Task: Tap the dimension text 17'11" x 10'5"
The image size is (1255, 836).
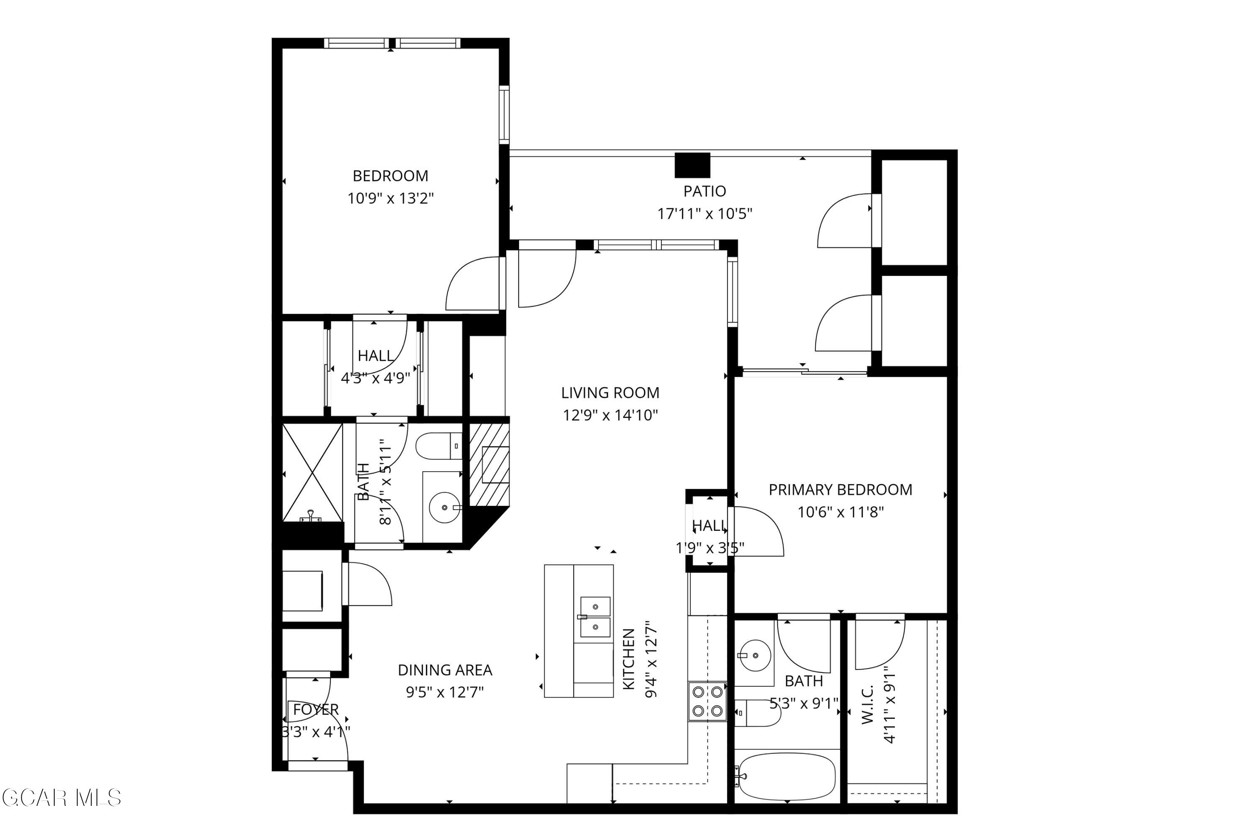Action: [x=704, y=214]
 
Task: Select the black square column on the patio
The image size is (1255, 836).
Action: [x=692, y=165]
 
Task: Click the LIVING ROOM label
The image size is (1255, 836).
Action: [x=610, y=393]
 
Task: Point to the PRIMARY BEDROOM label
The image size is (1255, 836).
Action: [x=840, y=489]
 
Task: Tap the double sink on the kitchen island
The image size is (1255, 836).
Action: [x=595, y=617]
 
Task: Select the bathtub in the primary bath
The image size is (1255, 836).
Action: [x=785, y=777]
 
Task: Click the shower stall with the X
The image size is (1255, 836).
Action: [x=312, y=472]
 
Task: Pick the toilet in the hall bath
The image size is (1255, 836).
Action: [x=438, y=446]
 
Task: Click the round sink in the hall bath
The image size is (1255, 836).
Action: [x=444, y=507]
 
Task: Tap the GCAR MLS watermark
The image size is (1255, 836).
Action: [x=61, y=798]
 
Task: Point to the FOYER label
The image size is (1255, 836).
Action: [x=316, y=710]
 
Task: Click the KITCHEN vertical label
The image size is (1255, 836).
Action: [x=629, y=659]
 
